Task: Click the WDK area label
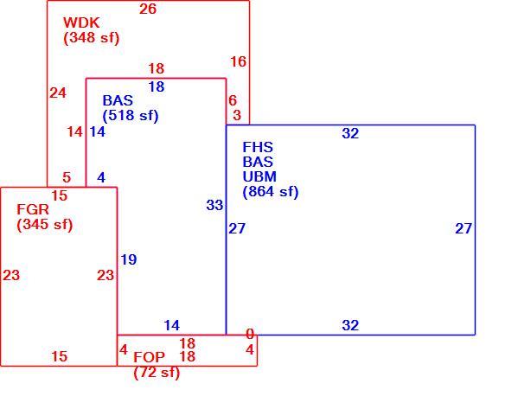point(81,22)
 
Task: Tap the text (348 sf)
point(91,38)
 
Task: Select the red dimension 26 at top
point(148,9)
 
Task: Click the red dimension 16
point(238,61)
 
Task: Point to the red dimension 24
point(58,93)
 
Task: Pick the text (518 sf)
point(131,116)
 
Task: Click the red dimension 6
point(233,100)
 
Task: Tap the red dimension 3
point(237,115)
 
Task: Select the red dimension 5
point(67,178)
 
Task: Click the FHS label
point(258,147)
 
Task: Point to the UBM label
point(259,176)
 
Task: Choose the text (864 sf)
point(271,192)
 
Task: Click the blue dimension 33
point(214,205)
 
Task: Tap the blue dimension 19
point(129,259)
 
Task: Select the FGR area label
point(33,209)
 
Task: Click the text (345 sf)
point(45,225)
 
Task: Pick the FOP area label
point(149,357)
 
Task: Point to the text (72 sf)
point(157,373)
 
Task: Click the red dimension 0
point(250,335)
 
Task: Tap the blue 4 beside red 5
point(101,178)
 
